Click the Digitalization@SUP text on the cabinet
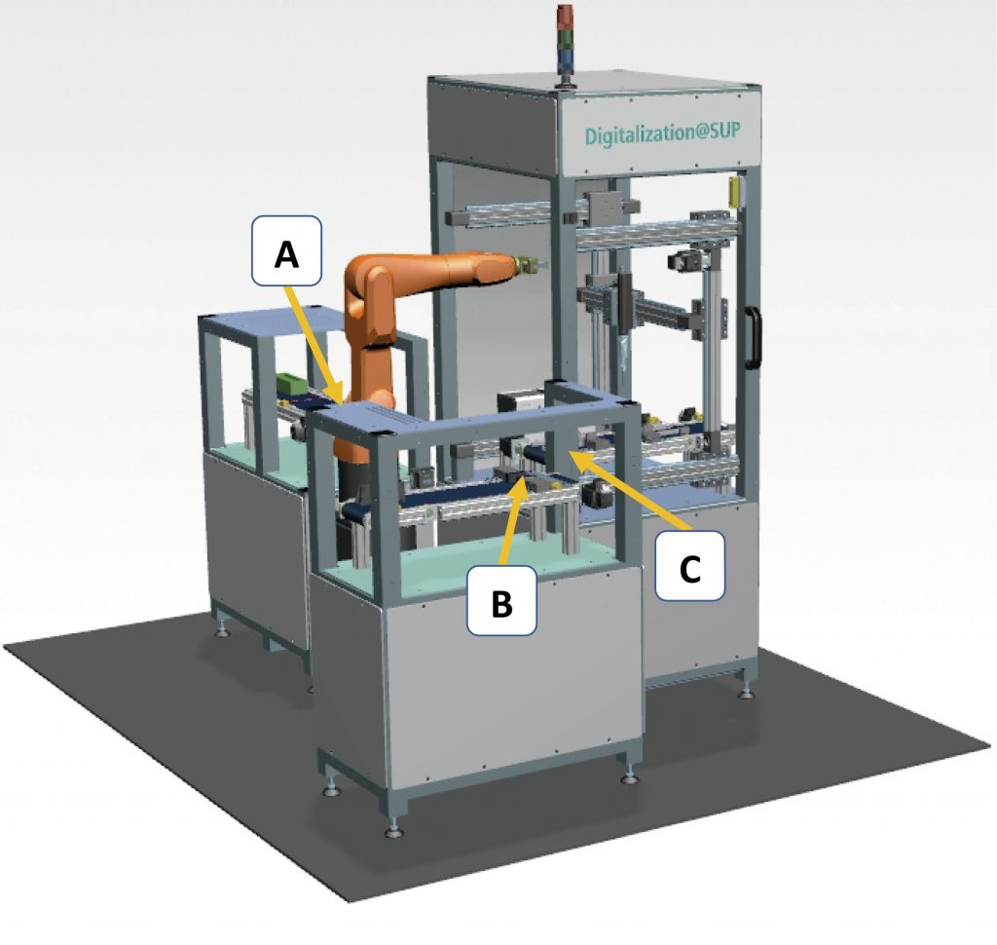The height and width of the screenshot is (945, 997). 656,132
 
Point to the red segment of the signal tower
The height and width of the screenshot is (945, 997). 564,18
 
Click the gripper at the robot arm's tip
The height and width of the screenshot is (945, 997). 527,264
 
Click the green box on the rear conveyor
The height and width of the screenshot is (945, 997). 289,383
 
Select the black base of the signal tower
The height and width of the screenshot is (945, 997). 564,78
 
